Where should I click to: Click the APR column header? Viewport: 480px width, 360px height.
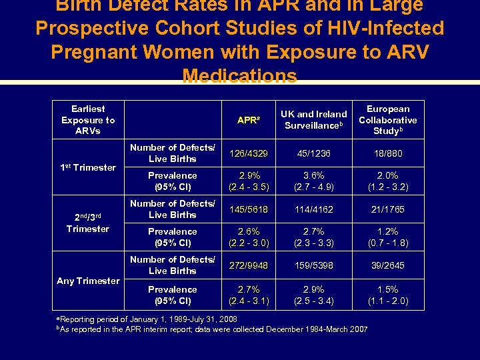[248, 121]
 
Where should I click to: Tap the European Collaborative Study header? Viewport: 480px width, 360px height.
[388, 120]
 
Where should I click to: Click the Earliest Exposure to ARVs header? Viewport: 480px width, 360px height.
[88, 120]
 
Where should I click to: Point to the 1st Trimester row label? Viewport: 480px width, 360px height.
[88, 167]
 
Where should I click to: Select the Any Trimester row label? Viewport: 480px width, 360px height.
[88, 281]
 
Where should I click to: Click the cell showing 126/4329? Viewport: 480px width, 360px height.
[248, 153]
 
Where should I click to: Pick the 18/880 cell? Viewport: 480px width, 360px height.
[388, 153]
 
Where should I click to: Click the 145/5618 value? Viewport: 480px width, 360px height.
[248, 209]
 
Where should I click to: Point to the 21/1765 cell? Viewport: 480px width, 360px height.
[388, 209]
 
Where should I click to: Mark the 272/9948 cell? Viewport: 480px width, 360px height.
[248, 265]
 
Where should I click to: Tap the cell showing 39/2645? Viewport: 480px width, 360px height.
[388, 265]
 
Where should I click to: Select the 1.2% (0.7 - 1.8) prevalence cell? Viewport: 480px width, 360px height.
[388, 238]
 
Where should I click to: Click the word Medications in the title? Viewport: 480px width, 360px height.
[240, 76]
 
